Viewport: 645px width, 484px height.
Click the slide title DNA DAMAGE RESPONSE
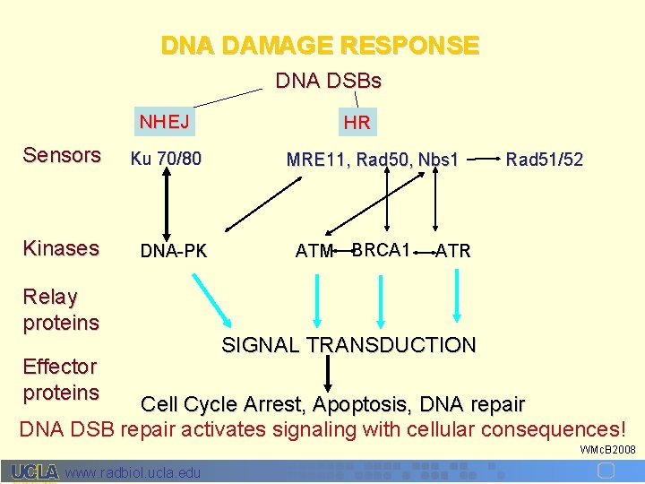pos(320,45)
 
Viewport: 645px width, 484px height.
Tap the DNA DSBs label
pos(328,82)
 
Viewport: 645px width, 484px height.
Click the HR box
pos(357,122)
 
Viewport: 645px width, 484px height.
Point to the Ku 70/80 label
pos(166,159)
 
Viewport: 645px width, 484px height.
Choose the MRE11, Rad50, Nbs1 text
pos(372,160)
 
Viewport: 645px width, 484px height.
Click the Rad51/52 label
pos(544,160)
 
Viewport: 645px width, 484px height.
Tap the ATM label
pos(314,251)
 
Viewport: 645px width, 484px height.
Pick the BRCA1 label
pos(382,249)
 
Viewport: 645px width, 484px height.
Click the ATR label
pos(452,251)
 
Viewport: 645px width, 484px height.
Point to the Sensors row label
pos(62,155)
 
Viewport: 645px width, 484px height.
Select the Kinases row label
pos(61,248)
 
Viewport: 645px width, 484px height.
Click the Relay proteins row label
pos(61,309)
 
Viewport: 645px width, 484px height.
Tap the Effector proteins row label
pos(61,379)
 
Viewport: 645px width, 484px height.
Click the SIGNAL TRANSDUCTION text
pos(348,345)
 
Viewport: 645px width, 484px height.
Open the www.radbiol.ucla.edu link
pos(133,472)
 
